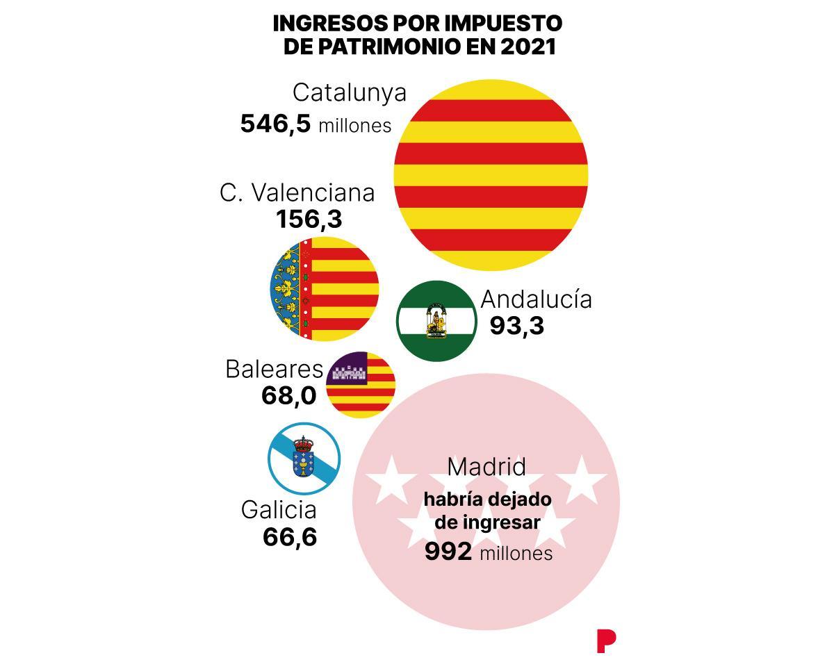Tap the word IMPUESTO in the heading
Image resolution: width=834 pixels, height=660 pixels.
[503, 23]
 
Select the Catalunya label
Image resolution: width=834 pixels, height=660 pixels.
[349, 92]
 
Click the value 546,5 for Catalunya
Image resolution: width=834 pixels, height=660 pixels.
[275, 124]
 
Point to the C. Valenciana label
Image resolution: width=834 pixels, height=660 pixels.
[297, 192]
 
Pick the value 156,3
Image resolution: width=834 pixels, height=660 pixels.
[309, 220]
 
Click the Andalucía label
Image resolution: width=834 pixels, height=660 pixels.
[536, 299]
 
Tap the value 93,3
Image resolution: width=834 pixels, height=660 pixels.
[516, 325]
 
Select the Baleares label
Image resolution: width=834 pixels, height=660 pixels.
[274, 369]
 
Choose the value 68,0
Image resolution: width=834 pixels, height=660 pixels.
[288, 395]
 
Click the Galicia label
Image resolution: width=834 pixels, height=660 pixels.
[279, 510]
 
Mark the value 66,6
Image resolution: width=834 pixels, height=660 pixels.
[290, 537]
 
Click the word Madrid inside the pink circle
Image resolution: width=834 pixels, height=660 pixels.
[486, 467]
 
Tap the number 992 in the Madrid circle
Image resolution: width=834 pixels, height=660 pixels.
[448, 552]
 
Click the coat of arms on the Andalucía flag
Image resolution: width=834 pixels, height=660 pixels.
[436, 321]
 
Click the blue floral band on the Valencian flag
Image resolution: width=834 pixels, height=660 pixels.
[285, 289]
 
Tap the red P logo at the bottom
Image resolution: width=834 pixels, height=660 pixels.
[605, 641]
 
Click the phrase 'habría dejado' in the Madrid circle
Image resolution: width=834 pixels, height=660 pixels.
[487, 500]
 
